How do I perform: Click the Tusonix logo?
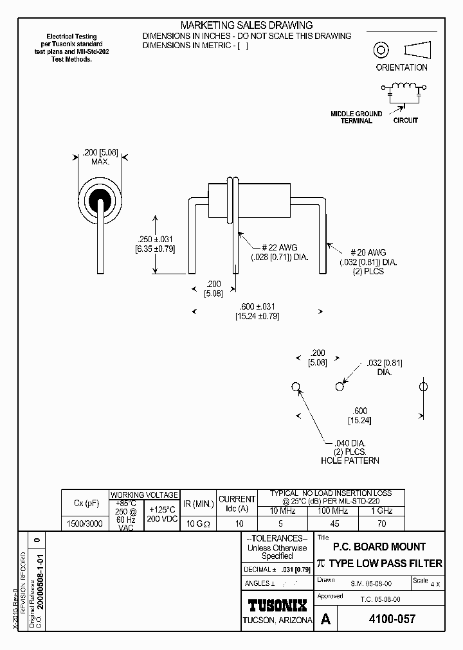(x=277, y=605)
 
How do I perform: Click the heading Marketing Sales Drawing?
(x=246, y=25)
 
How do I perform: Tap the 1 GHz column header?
(x=382, y=511)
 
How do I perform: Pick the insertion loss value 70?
(x=382, y=523)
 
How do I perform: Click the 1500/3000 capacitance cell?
(x=84, y=523)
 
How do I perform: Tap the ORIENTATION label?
(x=401, y=67)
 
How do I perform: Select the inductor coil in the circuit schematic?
(x=405, y=88)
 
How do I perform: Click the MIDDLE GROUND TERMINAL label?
(x=356, y=117)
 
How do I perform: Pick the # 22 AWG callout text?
(x=279, y=247)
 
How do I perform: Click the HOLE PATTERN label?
(x=349, y=461)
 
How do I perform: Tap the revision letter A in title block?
(x=326, y=620)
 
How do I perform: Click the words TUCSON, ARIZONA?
(x=277, y=620)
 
